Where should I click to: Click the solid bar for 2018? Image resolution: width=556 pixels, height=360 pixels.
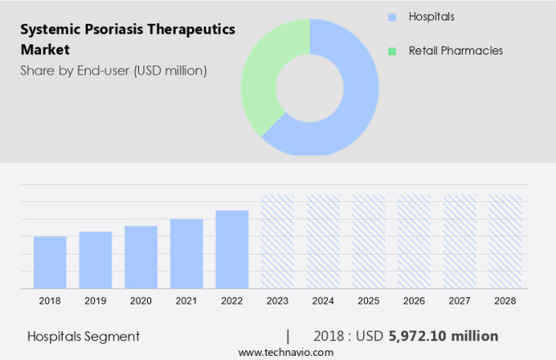[x=50, y=262]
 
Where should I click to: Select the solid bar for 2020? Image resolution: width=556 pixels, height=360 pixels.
[x=141, y=257]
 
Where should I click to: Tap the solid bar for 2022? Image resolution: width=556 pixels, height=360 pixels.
[x=232, y=249]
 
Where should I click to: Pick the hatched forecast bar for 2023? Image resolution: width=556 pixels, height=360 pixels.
[x=277, y=241]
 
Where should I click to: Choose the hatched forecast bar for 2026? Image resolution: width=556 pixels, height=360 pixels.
[x=414, y=241]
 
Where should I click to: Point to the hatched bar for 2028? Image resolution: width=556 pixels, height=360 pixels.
[x=504, y=241]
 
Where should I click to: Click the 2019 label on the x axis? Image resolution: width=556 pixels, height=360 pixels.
[x=96, y=301]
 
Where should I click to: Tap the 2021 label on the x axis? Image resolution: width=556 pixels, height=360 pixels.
[x=186, y=301]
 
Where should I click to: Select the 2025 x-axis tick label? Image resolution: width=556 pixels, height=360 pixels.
[x=368, y=301]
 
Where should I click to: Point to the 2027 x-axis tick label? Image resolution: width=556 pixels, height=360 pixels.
[x=460, y=301]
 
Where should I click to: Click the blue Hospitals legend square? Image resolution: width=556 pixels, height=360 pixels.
[x=392, y=17]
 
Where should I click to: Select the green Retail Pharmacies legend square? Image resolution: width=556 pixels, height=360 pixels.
[x=392, y=51]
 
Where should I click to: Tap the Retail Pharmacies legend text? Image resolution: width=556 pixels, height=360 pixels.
[x=455, y=51]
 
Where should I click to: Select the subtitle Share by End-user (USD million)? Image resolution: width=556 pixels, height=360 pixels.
[x=114, y=70]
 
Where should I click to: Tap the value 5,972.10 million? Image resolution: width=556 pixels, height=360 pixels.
[x=445, y=335]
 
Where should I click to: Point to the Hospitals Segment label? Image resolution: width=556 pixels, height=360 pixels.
[x=83, y=335]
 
